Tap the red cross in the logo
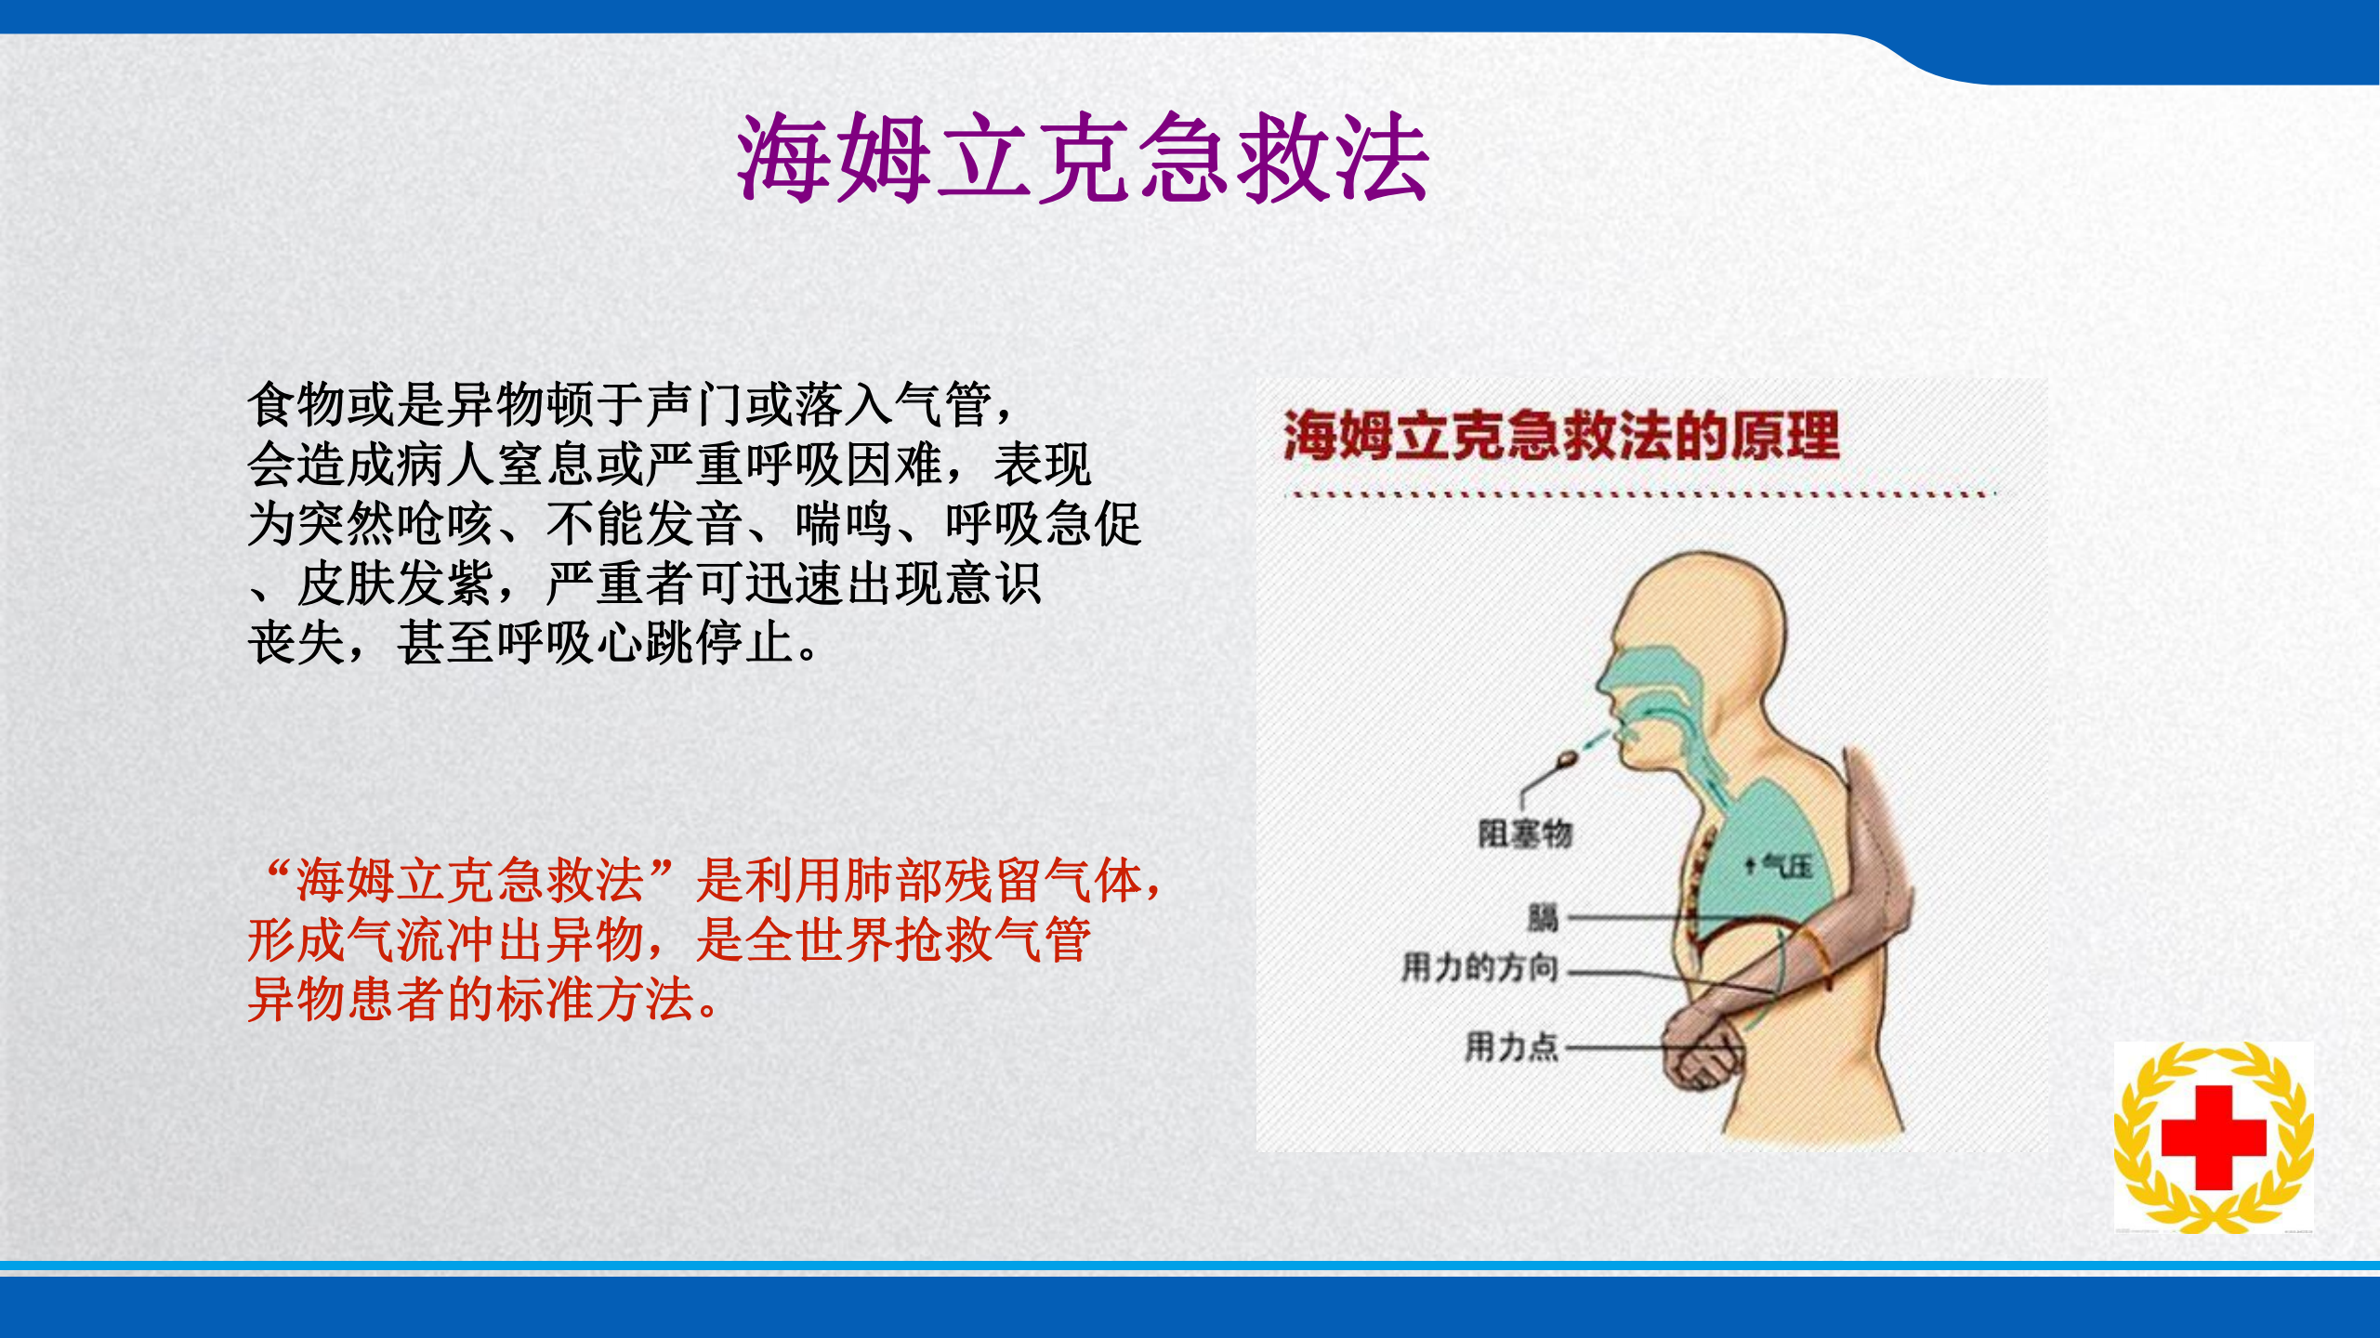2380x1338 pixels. tap(2214, 1136)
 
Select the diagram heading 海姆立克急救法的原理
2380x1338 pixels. tap(1560, 436)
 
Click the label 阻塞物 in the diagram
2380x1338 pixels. tap(1525, 833)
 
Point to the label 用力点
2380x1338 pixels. tap(1511, 1046)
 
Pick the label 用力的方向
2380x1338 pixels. tap(1479, 968)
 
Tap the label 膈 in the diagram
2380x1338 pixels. tap(1543, 918)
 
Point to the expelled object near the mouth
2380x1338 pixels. tap(1569, 761)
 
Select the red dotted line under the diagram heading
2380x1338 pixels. tap(1640, 494)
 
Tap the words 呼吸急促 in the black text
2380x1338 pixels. tap(1043, 524)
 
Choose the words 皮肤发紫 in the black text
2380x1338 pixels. tap(395, 584)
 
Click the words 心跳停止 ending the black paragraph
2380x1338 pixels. tap(695, 643)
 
